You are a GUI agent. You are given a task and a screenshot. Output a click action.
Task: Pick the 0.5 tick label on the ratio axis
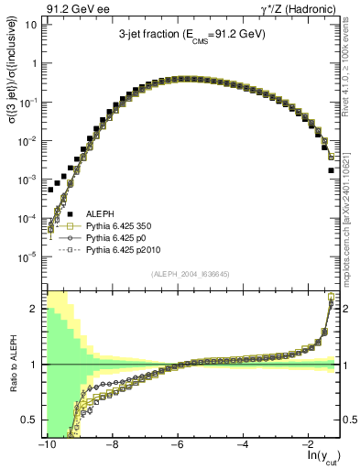(28, 420)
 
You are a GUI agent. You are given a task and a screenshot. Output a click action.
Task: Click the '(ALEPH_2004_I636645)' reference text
(191, 274)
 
